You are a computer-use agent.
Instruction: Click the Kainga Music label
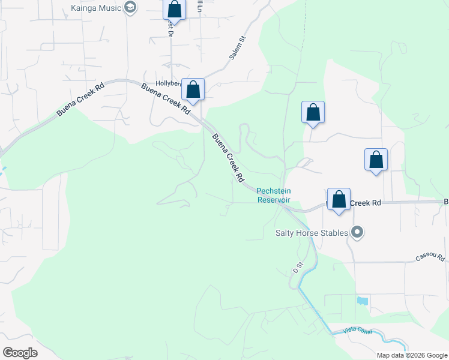96,7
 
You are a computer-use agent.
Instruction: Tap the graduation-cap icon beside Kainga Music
131,7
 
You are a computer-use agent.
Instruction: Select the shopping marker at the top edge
175,9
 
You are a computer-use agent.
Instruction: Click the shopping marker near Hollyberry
193,89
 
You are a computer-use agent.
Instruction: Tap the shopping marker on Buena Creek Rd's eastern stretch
339,200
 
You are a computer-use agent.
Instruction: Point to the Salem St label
238,47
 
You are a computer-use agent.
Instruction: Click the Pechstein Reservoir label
274,195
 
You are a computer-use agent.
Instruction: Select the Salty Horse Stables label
312,232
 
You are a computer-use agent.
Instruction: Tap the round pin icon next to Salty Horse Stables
358,232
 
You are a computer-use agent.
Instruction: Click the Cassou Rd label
430,257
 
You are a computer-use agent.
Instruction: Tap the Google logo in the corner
20,353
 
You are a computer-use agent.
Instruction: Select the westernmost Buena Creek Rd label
80,100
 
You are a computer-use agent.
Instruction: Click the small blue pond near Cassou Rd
362,301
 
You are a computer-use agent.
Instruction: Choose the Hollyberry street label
169,83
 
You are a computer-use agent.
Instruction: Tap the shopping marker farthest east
376,160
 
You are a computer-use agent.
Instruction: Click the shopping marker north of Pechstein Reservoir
313,112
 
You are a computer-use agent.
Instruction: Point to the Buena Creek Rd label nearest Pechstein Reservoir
228,158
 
